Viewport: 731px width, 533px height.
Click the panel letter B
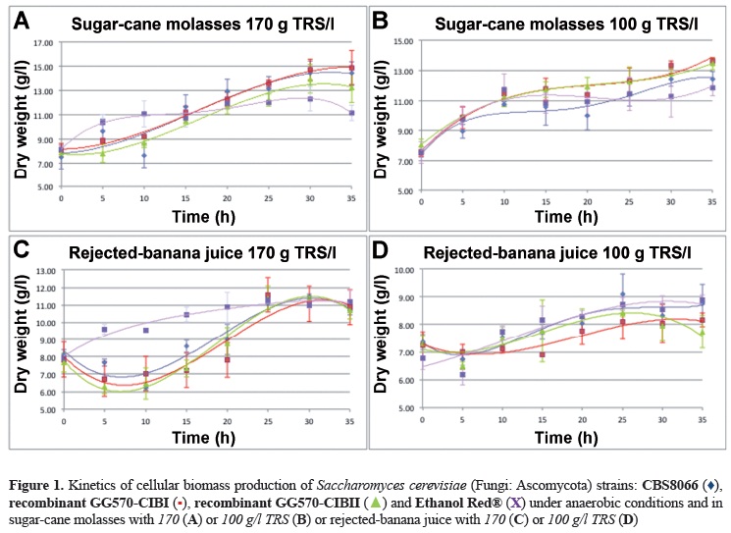381,19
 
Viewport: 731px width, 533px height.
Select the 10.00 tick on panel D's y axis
402,270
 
